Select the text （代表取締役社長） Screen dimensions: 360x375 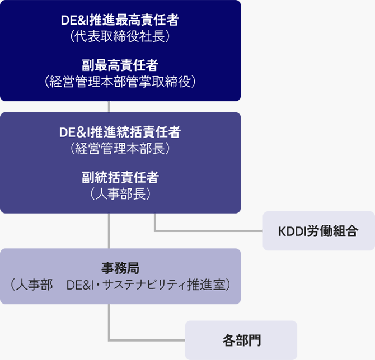[x=120, y=37]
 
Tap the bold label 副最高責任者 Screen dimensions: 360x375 [x=120, y=65]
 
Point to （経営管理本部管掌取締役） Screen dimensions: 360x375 [x=120, y=82]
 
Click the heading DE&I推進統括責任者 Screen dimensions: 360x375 [x=120, y=133]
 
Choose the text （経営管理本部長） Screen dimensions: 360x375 [x=120, y=149]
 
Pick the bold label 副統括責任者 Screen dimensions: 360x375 [x=120, y=178]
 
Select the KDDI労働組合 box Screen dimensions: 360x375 [x=318, y=231]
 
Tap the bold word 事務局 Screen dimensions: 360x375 [x=120, y=268]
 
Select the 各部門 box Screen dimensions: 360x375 [x=241, y=340]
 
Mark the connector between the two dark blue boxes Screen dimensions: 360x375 [x=109, y=107]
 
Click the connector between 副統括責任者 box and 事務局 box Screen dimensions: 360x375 [x=109, y=230]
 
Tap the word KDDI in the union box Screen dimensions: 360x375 [x=292, y=231]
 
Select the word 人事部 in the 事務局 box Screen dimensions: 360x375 [x=35, y=285]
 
